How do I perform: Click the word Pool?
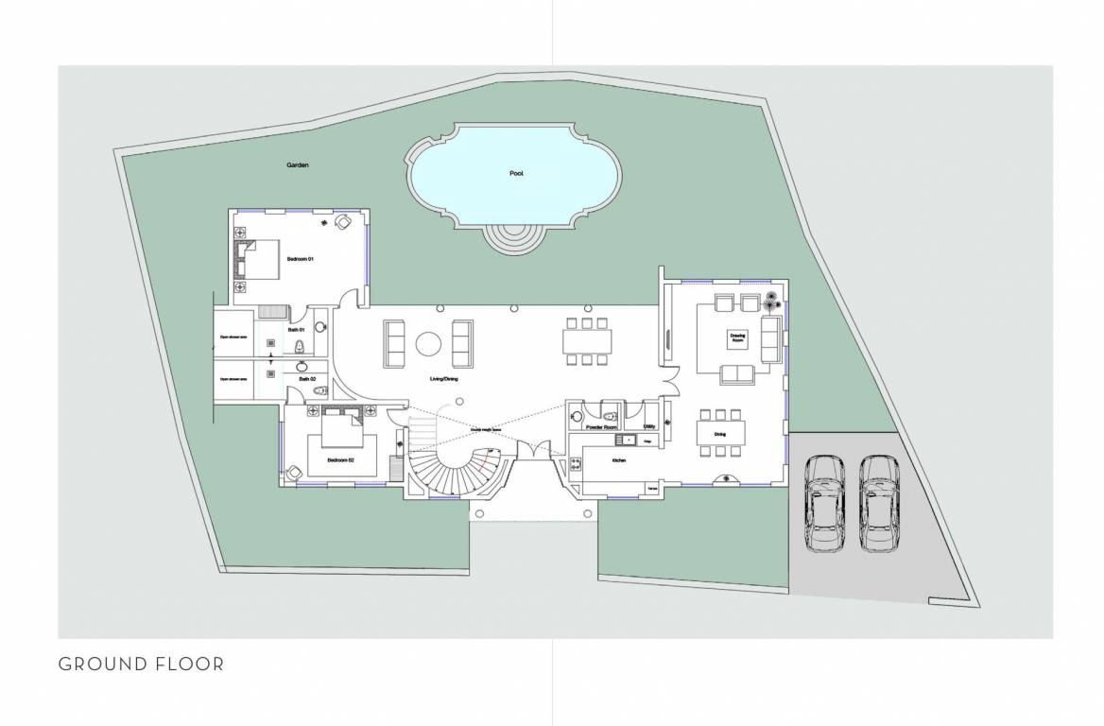pos(515,174)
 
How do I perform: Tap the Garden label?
pos(299,165)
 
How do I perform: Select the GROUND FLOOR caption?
pos(142,664)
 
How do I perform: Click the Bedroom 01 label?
pos(300,258)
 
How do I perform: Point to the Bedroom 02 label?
pos(340,459)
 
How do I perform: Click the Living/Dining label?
pos(443,379)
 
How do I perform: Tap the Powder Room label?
pos(601,428)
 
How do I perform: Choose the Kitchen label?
pos(619,459)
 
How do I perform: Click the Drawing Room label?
pos(737,337)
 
